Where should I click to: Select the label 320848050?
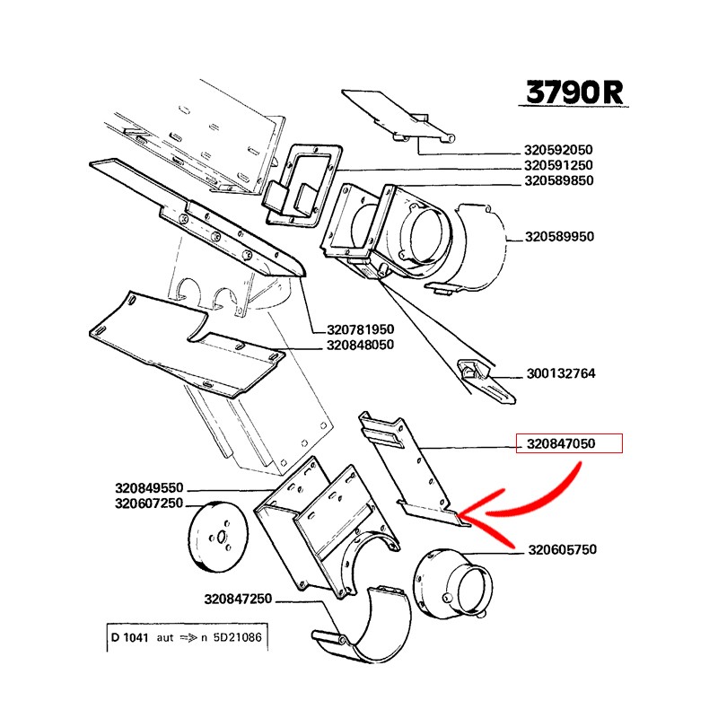click(x=361, y=345)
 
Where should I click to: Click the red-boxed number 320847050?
click(x=568, y=443)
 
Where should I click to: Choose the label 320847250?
click(x=238, y=599)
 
